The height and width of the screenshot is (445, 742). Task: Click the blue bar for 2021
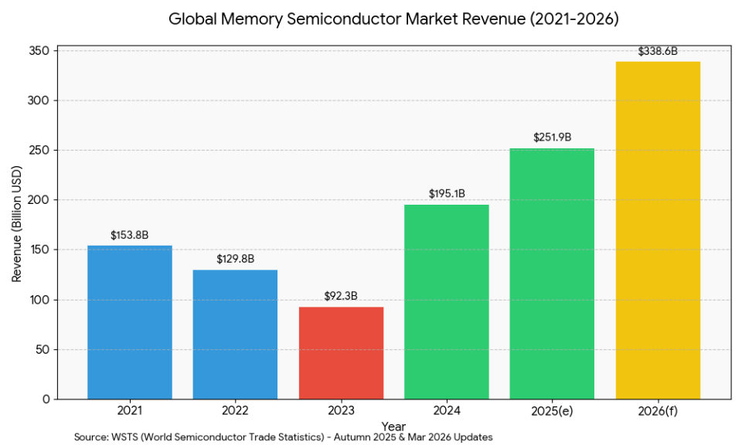(129, 322)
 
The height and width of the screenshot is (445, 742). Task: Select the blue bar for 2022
(235, 334)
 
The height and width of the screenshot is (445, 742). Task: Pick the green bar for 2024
(447, 301)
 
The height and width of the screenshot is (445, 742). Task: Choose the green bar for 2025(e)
(552, 273)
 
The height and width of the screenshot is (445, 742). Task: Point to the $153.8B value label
(129, 235)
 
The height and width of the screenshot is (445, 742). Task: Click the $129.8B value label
(235, 259)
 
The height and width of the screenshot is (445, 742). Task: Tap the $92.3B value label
(341, 296)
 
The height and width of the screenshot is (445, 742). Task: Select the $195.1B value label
(447, 194)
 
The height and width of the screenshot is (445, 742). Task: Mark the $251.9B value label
(552, 138)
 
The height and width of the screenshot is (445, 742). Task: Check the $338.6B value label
(658, 51)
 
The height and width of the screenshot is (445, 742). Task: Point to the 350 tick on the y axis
(40, 51)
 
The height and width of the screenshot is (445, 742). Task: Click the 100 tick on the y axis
(40, 300)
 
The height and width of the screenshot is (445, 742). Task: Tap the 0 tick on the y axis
(46, 399)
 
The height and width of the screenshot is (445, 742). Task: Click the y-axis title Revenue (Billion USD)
(17, 225)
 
